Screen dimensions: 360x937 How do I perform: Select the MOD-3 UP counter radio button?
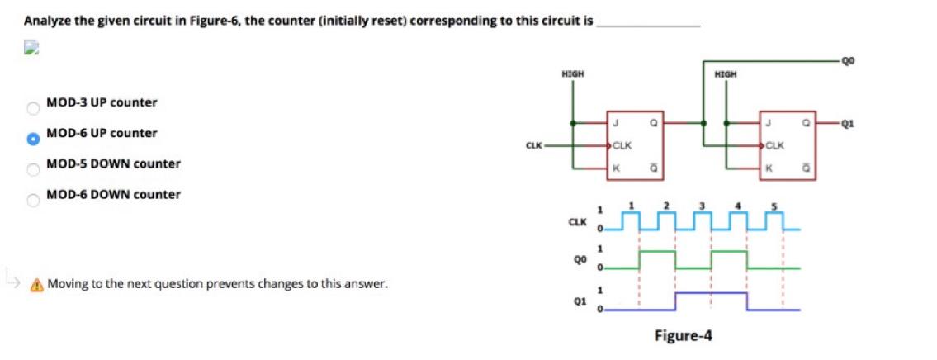[x=33, y=107]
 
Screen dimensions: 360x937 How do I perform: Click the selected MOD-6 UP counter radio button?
[x=33, y=138]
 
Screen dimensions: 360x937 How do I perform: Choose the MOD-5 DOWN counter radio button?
[x=33, y=169]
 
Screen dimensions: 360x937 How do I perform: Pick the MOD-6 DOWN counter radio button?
[x=33, y=200]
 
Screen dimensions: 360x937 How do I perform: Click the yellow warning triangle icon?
[x=36, y=286]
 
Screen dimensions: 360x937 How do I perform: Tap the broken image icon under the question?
[x=31, y=49]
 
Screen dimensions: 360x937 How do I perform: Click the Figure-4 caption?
[x=683, y=336]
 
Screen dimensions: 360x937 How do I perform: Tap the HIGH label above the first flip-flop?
[x=572, y=74]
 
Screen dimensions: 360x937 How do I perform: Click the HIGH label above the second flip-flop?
[x=726, y=74]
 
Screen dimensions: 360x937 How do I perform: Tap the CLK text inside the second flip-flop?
[x=775, y=146]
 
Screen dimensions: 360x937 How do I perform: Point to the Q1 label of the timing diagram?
[x=580, y=301]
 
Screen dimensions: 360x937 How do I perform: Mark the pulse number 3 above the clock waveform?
[x=703, y=205]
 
